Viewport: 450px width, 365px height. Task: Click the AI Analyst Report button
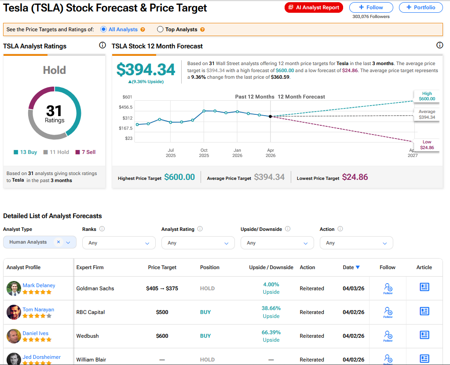pos(314,7)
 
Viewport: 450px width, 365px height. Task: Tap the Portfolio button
pos(421,7)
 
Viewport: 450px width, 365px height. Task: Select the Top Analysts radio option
pos(160,29)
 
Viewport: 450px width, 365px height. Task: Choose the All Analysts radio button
pos(104,29)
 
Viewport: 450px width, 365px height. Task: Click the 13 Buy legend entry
pos(26,152)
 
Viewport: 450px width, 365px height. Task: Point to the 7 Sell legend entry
pos(85,152)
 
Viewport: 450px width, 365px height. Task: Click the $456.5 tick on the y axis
pos(125,107)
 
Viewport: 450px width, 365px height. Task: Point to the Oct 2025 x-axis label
pos(204,153)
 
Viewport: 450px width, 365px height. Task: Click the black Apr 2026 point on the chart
pos(270,117)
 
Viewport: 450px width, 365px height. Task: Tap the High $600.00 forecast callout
pos(427,96)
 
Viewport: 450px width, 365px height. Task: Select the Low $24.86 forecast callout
pos(427,145)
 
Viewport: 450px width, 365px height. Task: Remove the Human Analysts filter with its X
pos(59,242)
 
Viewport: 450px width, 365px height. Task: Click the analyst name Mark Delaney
pos(39,285)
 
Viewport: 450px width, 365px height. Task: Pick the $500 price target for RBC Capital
pos(162,312)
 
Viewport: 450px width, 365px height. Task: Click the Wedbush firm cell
pos(88,336)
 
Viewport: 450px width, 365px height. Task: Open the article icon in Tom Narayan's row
pos(424,311)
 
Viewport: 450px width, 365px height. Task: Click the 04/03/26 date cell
pos(354,288)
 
